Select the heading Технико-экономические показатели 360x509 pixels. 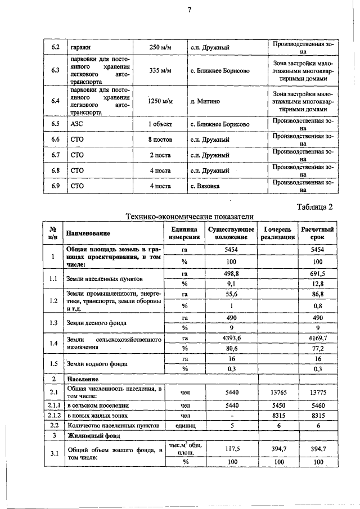pos(190,217)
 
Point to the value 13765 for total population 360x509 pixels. pos(277,392)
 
